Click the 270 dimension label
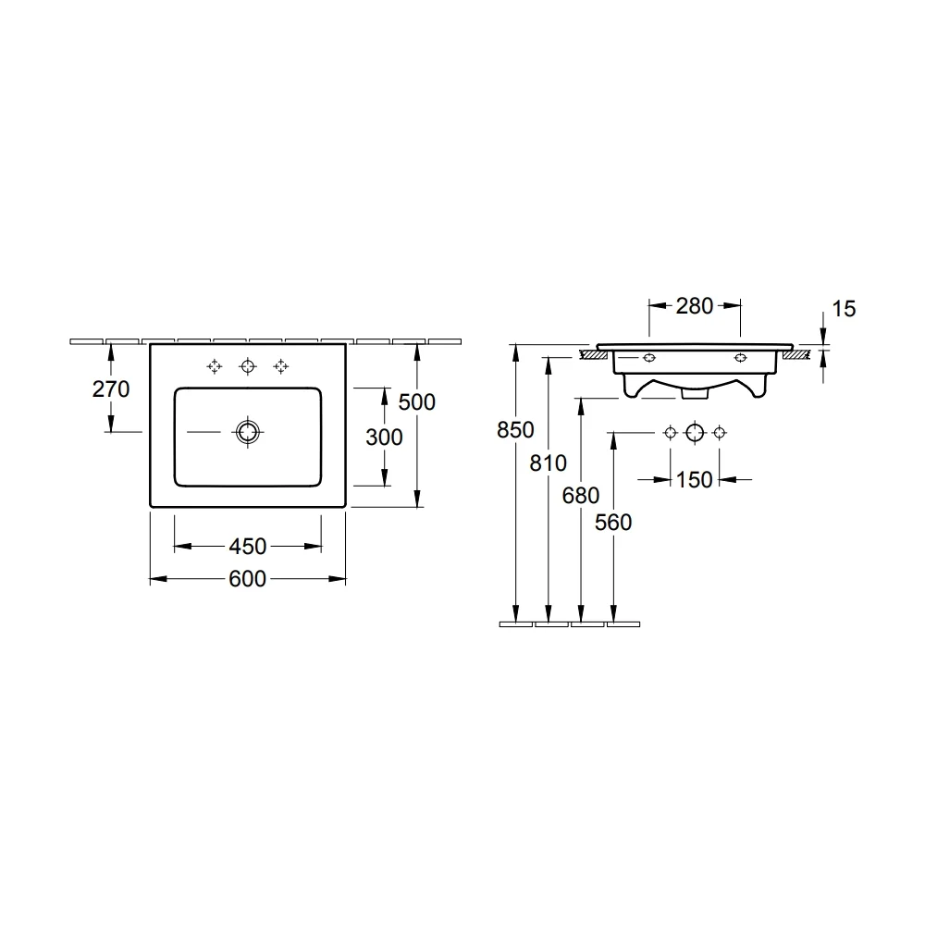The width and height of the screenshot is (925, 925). pyautogui.click(x=111, y=389)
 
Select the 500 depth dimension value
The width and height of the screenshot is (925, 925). pyautogui.click(x=417, y=402)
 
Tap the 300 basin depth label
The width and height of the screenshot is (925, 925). pyautogui.click(x=384, y=438)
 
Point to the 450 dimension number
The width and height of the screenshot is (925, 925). pyautogui.click(x=248, y=547)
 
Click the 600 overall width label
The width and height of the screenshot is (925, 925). pyautogui.click(x=248, y=579)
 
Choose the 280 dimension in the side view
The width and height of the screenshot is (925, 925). pyautogui.click(x=695, y=306)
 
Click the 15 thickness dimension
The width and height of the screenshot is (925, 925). pyautogui.click(x=844, y=309)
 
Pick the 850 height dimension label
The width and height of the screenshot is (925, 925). pyautogui.click(x=515, y=430)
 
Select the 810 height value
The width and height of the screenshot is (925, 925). pyautogui.click(x=548, y=463)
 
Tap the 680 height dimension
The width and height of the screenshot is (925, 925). pyautogui.click(x=581, y=496)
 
